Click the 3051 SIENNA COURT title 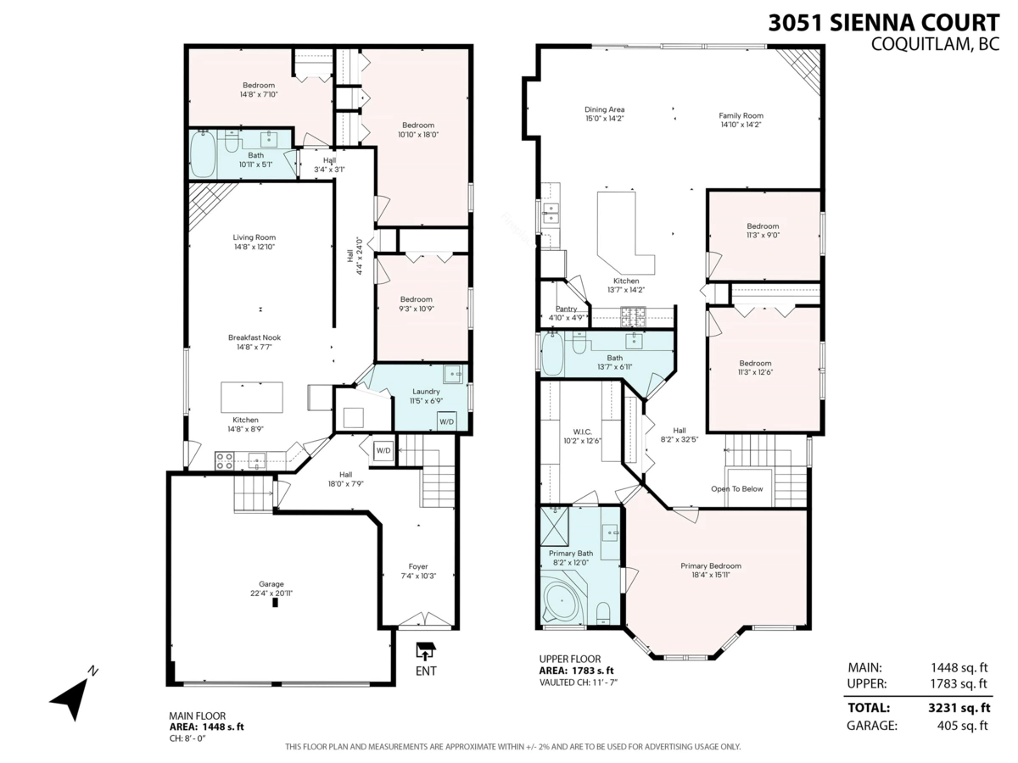point(883,23)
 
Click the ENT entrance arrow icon point(426,651)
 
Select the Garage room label point(271,583)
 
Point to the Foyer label point(418,566)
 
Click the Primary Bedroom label point(710,565)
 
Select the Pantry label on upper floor point(566,309)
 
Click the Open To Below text point(736,489)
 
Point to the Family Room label point(741,115)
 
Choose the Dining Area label point(604,109)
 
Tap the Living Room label point(254,237)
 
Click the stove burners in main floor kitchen point(225,460)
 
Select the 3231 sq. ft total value point(959,707)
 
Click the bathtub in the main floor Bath point(204,153)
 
